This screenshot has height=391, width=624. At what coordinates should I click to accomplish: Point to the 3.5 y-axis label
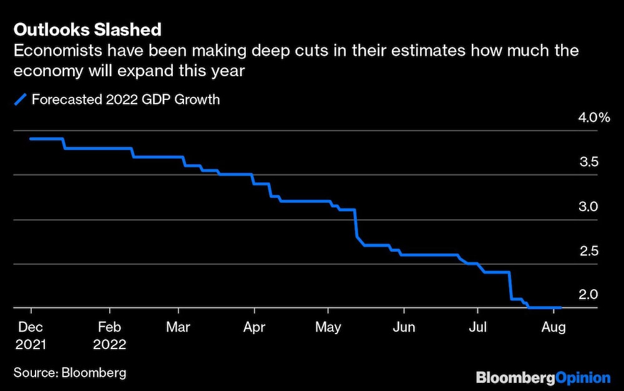click(x=589, y=162)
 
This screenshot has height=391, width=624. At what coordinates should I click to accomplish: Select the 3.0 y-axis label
click(x=589, y=206)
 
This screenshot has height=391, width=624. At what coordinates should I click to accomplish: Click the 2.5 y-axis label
click(x=589, y=251)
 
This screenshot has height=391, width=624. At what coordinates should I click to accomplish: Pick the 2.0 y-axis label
click(x=589, y=295)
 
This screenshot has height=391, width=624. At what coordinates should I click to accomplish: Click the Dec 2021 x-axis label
click(x=31, y=335)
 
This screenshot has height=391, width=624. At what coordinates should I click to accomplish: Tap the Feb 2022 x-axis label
click(x=109, y=335)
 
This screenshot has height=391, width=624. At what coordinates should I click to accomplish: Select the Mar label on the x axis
click(x=180, y=327)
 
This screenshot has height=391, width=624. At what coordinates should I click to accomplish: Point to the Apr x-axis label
click(x=254, y=327)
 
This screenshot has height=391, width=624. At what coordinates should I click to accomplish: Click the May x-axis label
click(x=329, y=327)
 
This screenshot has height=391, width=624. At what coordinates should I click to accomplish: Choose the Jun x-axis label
click(x=404, y=327)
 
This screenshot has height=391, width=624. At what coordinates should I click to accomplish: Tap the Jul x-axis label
click(x=477, y=327)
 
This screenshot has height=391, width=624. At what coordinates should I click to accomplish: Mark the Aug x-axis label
click(x=553, y=327)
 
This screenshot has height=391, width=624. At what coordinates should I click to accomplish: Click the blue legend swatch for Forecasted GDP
click(x=21, y=99)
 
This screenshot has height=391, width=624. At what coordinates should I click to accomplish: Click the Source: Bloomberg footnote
click(x=70, y=373)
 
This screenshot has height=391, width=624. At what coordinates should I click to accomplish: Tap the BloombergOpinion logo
click(x=543, y=377)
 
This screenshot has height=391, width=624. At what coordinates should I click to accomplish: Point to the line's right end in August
click(x=560, y=307)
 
